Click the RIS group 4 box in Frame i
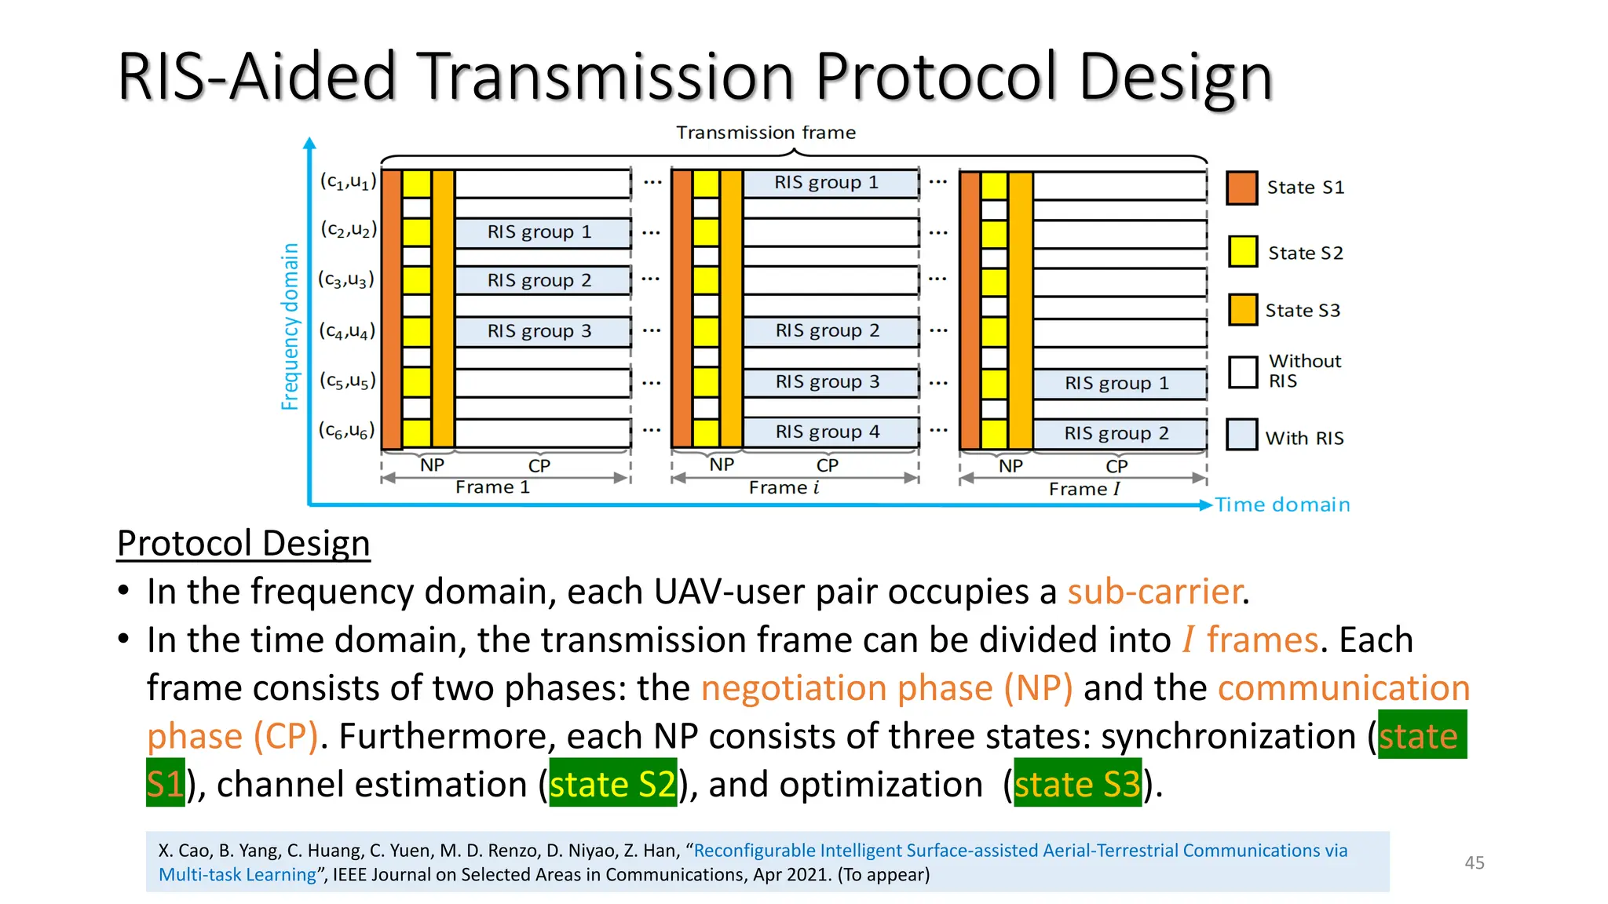(829, 432)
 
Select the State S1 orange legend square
(1241, 188)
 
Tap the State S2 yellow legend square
(1243, 252)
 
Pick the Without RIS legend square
(1243, 372)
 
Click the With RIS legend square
(1242, 435)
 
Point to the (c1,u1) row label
(348, 181)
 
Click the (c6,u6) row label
(347, 430)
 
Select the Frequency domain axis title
(290, 326)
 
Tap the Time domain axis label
(1282, 505)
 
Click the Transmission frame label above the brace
(766, 133)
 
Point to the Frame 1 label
(492, 487)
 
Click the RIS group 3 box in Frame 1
(541, 331)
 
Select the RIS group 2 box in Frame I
(1118, 433)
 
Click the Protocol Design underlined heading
(243, 543)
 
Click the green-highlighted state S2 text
(612, 784)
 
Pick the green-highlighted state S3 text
(1076, 784)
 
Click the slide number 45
(1474, 862)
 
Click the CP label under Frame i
(827, 465)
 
